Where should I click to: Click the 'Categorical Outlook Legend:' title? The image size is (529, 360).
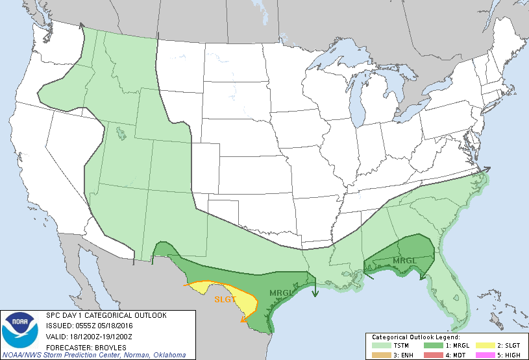(415, 337)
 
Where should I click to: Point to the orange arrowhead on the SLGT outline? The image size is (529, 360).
(243, 318)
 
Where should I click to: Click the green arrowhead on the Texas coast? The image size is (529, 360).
(315, 293)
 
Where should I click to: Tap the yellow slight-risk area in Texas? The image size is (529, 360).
(240, 300)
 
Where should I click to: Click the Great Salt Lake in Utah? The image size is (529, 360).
(121, 133)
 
